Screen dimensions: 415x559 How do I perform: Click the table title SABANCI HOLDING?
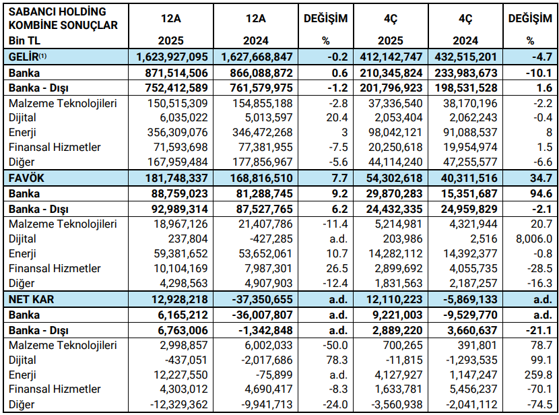[x=57, y=12]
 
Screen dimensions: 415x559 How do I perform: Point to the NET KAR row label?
[x=30, y=298]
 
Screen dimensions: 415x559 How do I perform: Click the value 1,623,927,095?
[x=172, y=57]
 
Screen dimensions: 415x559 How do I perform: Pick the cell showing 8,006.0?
[x=534, y=238]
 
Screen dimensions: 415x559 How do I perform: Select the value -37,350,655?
[x=256, y=298]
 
